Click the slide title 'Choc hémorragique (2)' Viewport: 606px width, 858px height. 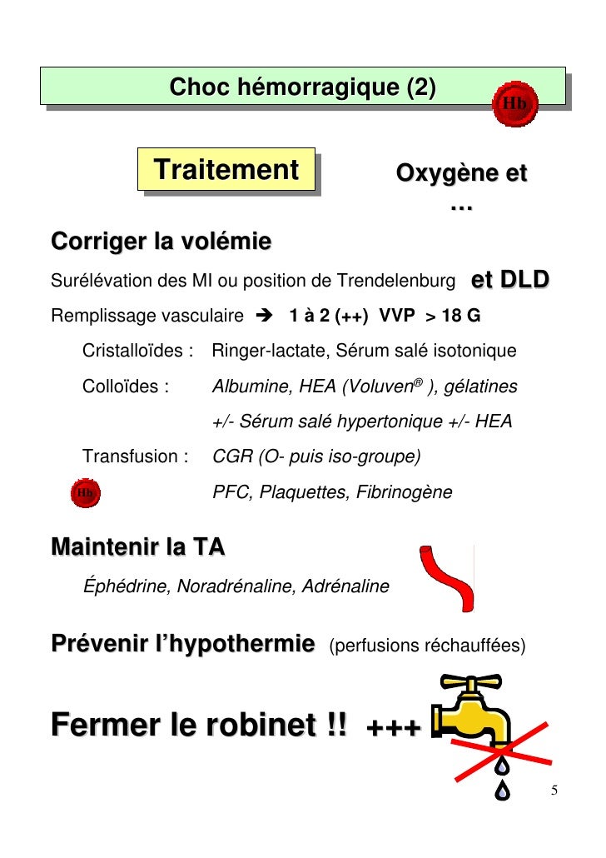coord(301,87)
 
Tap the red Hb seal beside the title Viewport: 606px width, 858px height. coord(515,104)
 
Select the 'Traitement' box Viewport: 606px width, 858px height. coord(226,170)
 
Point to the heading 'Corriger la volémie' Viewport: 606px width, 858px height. coord(161,242)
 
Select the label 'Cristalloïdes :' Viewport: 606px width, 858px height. coord(138,352)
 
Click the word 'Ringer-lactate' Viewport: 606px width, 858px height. coord(265,352)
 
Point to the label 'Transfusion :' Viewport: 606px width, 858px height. coord(137,456)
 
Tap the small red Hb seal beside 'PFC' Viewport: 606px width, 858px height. coord(86,492)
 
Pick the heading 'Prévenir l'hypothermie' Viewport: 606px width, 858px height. coord(183,644)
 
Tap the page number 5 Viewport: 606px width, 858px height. coord(555,791)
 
